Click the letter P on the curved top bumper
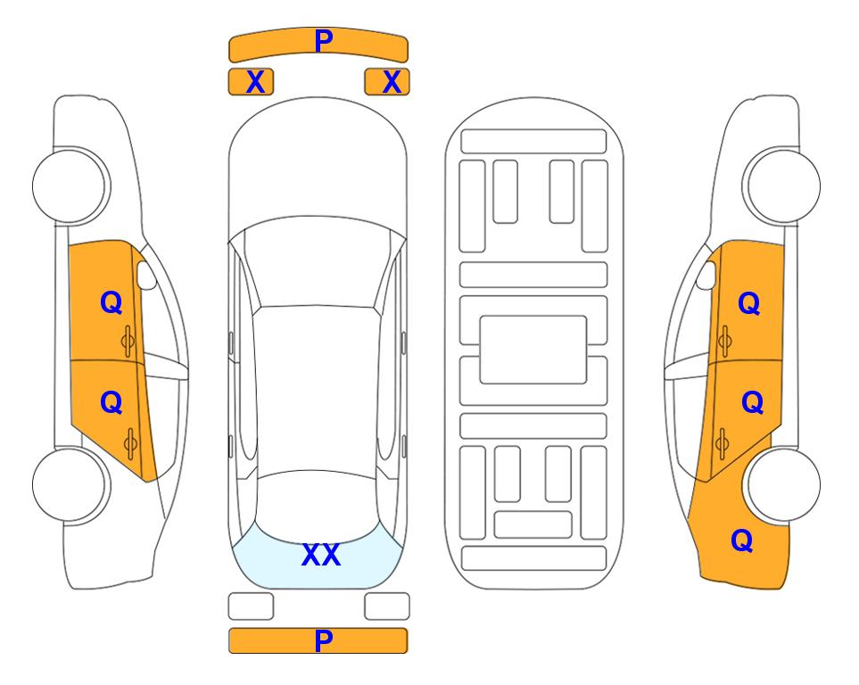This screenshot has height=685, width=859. point(324,41)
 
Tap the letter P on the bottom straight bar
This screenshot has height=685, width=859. point(324,640)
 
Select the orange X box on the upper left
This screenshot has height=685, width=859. point(251,82)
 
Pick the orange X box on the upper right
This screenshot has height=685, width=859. point(387,82)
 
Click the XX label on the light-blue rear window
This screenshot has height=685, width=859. point(321,555)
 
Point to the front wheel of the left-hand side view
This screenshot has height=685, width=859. point(69,186)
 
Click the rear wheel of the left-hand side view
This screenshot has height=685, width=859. point(69,484)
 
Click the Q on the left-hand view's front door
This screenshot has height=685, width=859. point(111,302)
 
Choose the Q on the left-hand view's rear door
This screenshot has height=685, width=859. point(111,403)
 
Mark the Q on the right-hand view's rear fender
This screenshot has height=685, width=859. point(742,541)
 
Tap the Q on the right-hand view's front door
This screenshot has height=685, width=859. point(749,303)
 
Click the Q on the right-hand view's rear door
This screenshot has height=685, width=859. point(752,403)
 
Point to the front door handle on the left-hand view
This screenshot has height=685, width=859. point(128,342)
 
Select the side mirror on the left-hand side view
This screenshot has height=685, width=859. point(145,275)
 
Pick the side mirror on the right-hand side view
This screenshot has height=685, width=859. point(706,275)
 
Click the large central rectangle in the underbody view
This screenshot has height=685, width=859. point(533,350)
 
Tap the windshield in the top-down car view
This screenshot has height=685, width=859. point(318,262)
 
